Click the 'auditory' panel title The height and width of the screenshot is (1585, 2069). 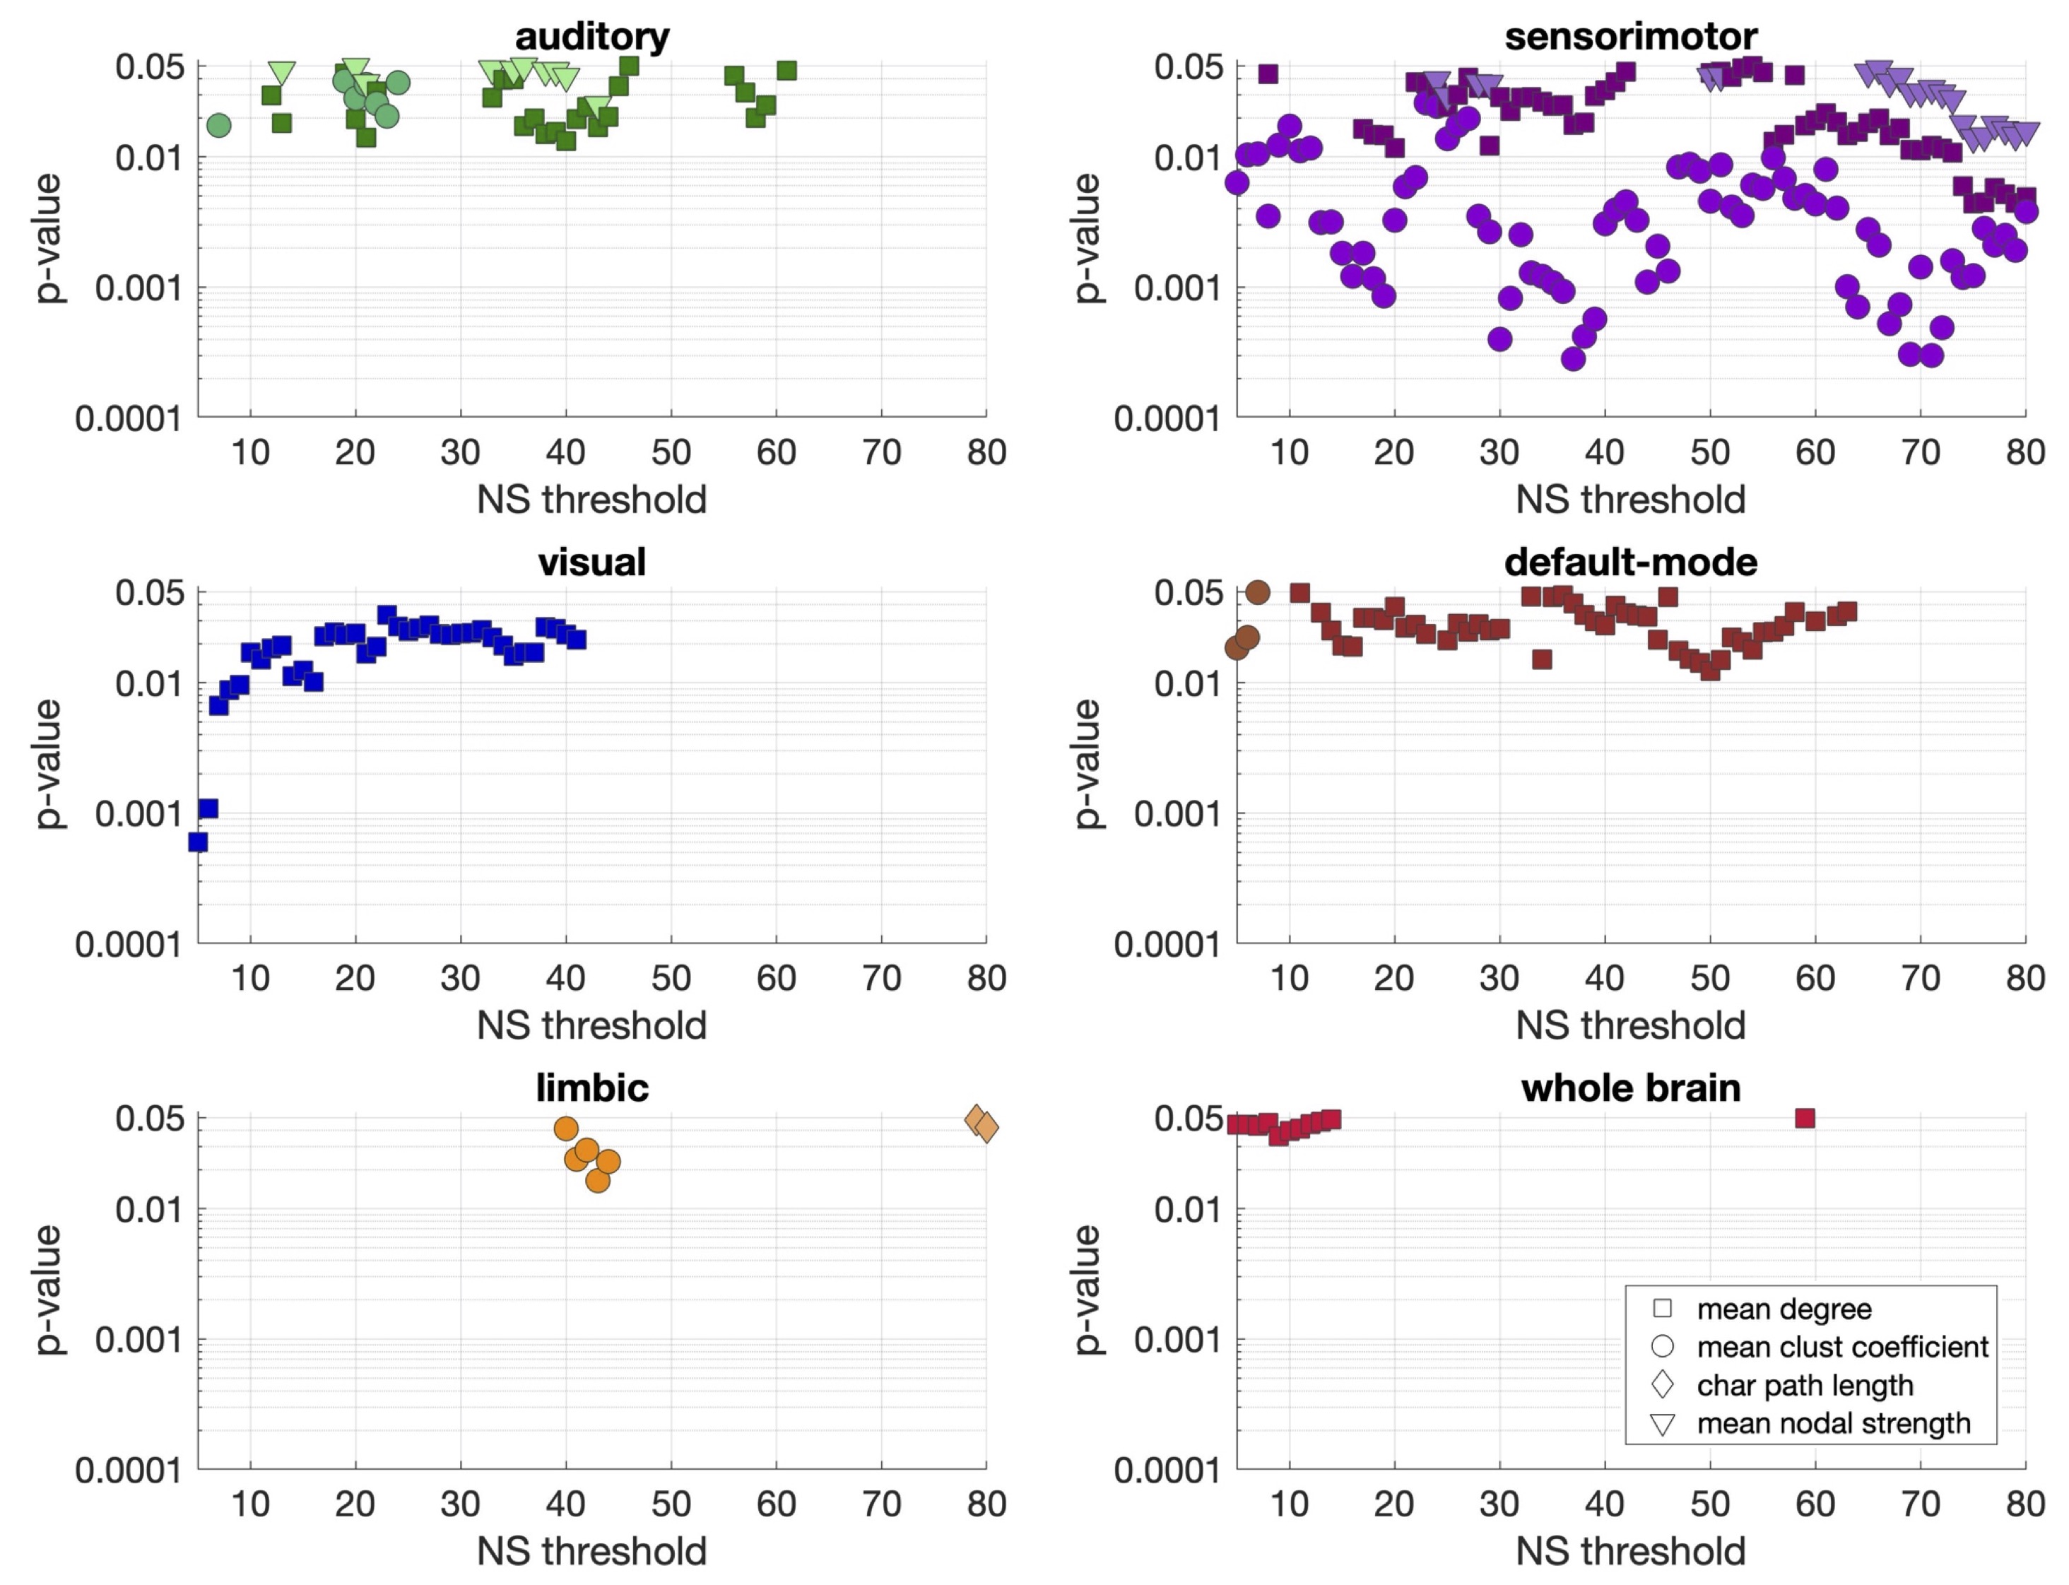[x=591, y=36]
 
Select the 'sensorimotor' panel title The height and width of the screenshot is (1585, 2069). [x=1630, y=36]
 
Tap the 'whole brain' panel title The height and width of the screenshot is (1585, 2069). [x=1630, y=1088]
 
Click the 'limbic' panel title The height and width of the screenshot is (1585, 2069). [x=591, y=1088]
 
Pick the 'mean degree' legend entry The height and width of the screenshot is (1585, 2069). [x=1783, y=1309]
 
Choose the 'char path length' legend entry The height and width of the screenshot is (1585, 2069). [x=1804, y=1385]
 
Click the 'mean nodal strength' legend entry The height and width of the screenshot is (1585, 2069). [x=1832, y=1422]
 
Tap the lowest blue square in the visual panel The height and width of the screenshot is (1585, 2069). [x=198, y=842]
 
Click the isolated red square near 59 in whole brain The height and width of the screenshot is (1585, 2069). [x=1805, y=1118]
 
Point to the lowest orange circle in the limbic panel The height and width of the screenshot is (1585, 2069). [x=597, y=1180]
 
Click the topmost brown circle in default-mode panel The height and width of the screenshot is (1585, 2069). [x=1258, y=592]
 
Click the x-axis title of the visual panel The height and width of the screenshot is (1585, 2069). [x=591, y=1025]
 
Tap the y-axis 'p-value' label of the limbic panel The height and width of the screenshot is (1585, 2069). [x=47, y=1290]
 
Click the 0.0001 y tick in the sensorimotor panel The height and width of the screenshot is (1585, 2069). [x=1166, y=418]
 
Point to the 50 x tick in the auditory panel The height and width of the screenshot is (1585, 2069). [x=671, y=453]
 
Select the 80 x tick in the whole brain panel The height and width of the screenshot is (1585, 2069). [x=2024, y=1504]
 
